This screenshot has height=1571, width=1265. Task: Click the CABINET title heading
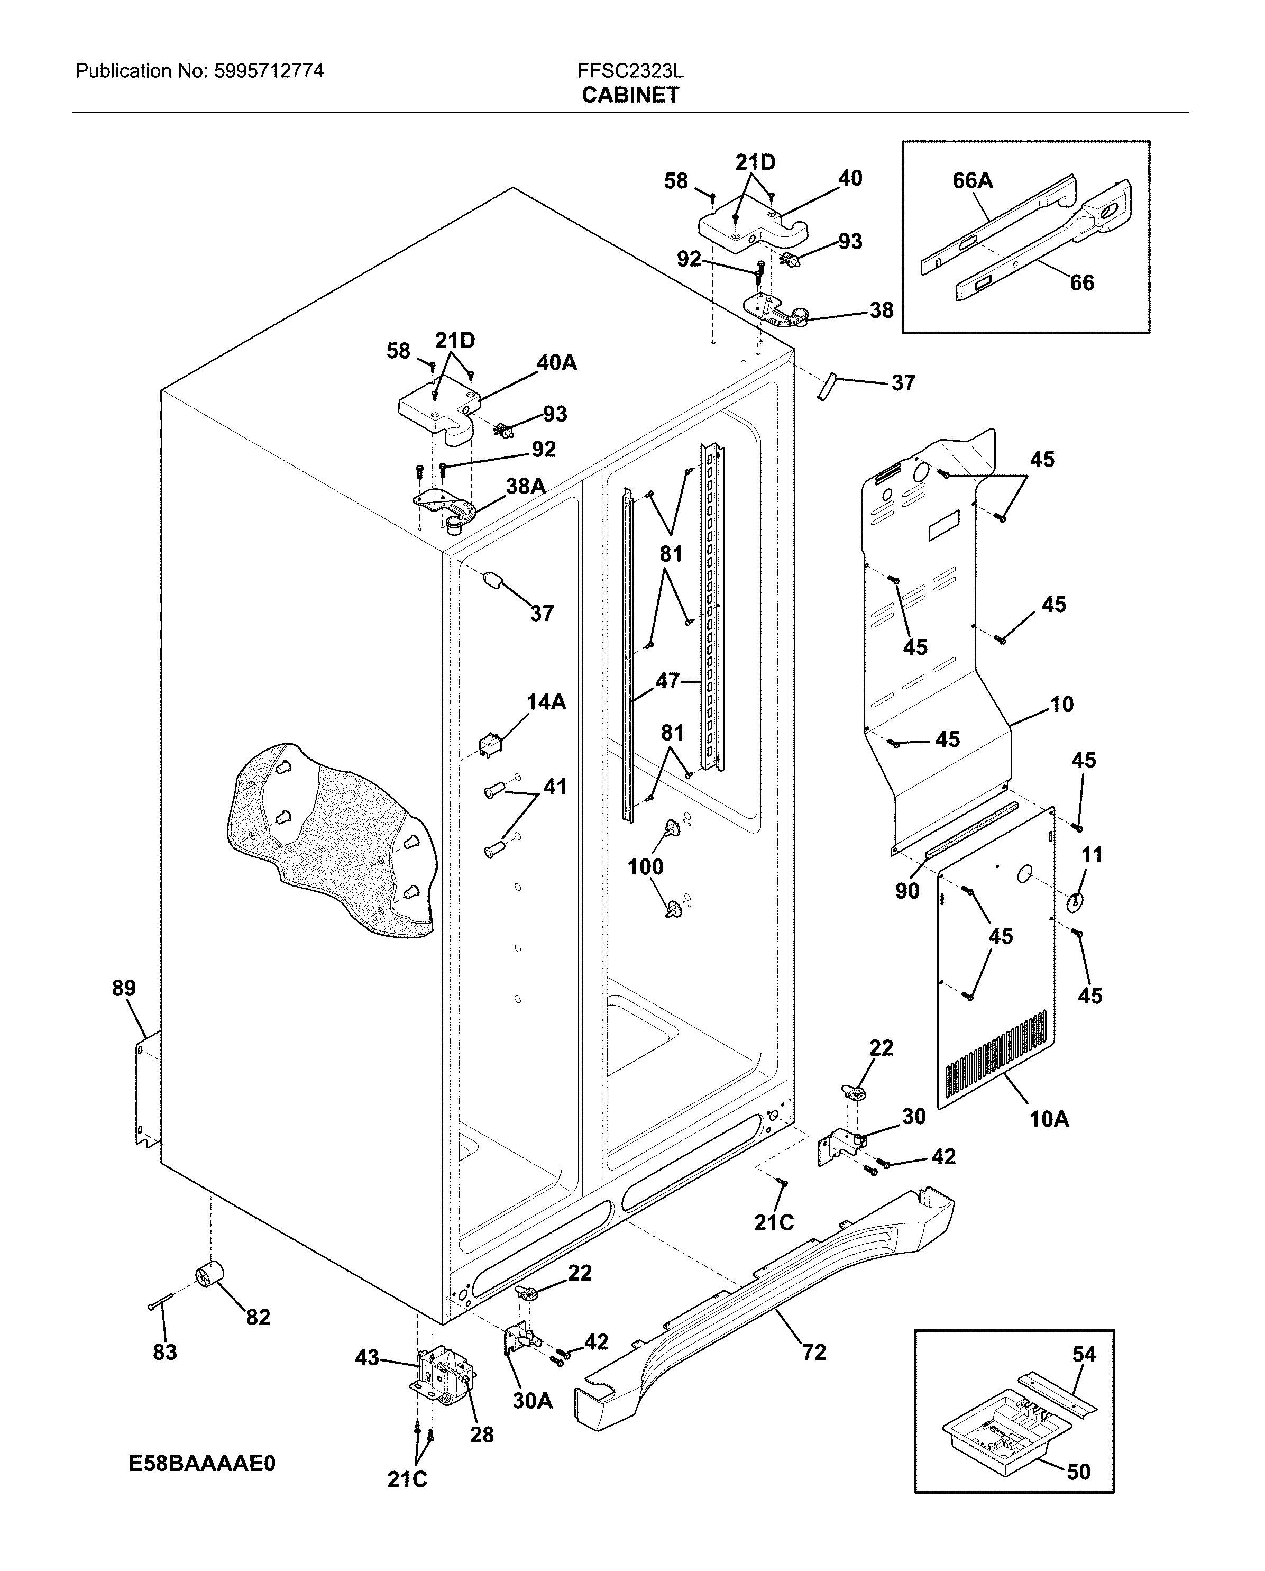coord(630,95)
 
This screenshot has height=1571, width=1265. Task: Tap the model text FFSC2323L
coord(630,71)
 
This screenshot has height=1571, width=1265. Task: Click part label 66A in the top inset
coord(973,181)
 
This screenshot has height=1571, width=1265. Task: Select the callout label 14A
coord(546,702)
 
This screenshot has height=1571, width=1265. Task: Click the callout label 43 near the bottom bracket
coord(367,1357)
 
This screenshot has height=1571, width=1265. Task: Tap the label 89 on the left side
coord(124,988)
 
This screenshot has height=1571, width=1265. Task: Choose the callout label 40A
coord(557,362)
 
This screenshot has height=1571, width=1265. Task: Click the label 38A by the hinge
coord(525,486)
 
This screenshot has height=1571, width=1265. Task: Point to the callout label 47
coord(667,681)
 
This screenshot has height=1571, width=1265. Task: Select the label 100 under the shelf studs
coord(646,866)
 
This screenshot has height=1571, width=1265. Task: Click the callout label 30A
coord(532,1401)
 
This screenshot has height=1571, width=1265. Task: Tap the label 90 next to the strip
coord(907,890)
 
